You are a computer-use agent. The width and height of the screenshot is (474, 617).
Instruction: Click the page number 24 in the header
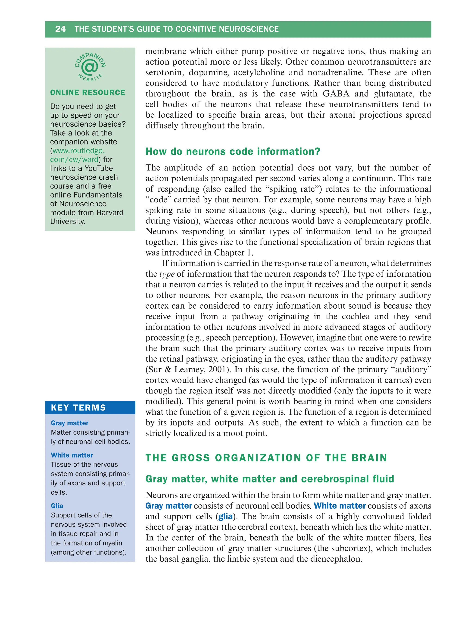(x=60, y=29)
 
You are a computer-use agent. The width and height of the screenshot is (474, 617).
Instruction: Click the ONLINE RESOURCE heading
(x=87, y=93)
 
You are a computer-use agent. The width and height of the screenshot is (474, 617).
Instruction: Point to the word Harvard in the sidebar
(x=109, y=213)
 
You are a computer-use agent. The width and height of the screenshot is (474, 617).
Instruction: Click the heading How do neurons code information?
(x=233, y=152)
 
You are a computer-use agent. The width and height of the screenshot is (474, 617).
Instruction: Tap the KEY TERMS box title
(x=78, y=407)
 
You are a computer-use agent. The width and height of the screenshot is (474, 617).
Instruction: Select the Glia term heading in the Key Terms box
(x=57, y=506)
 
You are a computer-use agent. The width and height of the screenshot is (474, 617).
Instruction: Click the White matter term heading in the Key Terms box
(x=72, y=455)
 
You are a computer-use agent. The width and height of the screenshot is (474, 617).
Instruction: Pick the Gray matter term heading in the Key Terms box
(x=69, y=423)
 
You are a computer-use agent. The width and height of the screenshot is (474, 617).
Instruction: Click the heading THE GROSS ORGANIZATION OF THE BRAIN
(x=266, y=458)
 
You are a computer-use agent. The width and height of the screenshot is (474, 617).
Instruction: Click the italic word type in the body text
(x=167, y=274)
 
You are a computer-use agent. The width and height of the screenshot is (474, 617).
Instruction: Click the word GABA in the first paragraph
(x=336, y=94)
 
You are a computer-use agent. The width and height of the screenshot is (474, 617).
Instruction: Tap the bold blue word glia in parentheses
(x=225, y=517)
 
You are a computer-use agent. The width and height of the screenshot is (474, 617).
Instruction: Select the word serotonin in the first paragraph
(x=165, y=72)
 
